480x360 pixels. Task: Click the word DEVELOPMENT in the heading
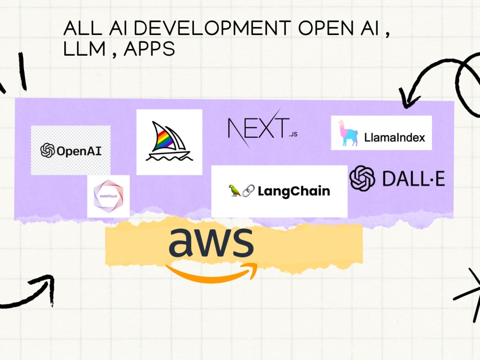[x=212, y=28]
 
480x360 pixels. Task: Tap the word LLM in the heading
[x=84, y=49]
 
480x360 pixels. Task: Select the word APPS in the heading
[x=149, y=49]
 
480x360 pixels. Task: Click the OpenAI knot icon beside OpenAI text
[x=48, y=150]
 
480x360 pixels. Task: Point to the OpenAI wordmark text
[x=79, y=151]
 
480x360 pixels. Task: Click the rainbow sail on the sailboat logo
[x=163, y=139]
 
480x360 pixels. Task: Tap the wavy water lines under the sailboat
[x=169, y=157]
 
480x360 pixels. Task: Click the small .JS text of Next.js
[x=293, y=134]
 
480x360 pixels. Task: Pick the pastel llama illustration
[x=348, y=132]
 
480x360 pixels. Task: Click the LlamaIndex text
[x=395, y=137]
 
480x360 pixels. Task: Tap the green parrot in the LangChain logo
[x=235, y=191]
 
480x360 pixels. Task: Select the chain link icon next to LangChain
[x=248, y=191]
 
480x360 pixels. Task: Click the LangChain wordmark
[x=294, y=191]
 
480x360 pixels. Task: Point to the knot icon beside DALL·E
[x=362, y=178]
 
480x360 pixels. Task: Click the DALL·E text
[x=414, y=179]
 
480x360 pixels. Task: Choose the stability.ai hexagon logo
[x=108, y=196]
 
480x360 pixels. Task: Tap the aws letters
[x=211, y=242]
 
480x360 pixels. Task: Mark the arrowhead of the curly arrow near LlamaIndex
[x=407, y=98]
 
